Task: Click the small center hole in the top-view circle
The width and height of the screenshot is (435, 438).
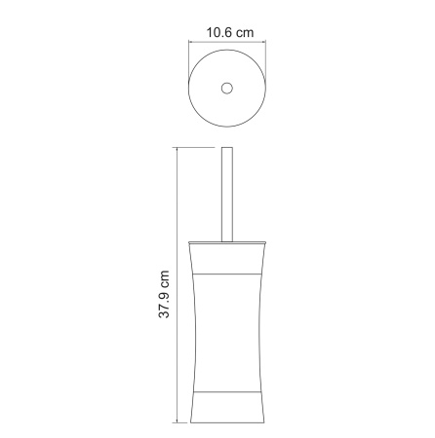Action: pos(228,89)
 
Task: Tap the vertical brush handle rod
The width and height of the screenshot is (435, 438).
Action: pos(229,195)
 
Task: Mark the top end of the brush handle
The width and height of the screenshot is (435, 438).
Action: pos(229,149)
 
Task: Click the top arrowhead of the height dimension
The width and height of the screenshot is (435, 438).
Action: pos(178,151)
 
